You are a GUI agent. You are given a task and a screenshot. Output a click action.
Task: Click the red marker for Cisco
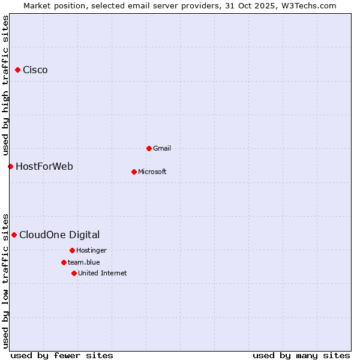[x=17, y=70]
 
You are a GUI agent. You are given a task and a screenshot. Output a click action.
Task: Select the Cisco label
[x=35, y=70]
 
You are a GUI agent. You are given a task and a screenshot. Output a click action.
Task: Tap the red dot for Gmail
[x=149, y=148]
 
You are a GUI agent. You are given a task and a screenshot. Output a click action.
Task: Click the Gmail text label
[x=162, y=148]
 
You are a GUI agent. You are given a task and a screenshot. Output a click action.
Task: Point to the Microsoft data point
[x=134, y=172]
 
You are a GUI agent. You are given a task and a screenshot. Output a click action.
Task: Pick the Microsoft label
[x=152, y=172]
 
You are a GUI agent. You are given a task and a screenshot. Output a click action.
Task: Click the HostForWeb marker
[x=10, y=166]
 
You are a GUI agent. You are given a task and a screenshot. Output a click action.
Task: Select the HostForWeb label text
[x=44, y=166]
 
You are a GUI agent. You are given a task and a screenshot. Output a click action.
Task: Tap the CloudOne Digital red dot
[x=14, y=235]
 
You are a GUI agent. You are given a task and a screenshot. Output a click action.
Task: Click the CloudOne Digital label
[x=59, y=235]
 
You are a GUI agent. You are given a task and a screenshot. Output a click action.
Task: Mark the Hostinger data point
[x=72, y=250]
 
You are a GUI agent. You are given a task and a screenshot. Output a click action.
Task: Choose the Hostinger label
[x=91, y=250]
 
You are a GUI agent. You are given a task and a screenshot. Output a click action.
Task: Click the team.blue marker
[x=64, y=262]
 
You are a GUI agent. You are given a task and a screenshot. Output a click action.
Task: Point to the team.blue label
[x=84, y=262]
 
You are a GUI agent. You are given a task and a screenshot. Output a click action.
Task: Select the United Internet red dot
[x=74, y=273]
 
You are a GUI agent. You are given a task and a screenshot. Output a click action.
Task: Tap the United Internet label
[x=103, y=273]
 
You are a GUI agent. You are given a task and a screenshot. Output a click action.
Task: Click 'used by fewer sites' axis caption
[x=62, y=355]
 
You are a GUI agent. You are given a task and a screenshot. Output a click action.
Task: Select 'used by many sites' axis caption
[x=301, y=355]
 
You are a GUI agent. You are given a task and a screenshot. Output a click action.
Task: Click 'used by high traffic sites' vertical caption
[x=5, y=84]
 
